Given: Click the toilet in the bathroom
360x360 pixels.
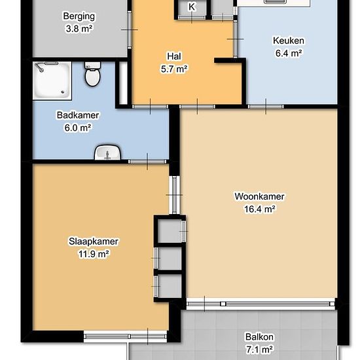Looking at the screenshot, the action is point(92,74).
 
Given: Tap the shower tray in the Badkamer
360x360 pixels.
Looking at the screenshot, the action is point(52,81).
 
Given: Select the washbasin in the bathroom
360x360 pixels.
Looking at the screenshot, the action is point(107,152).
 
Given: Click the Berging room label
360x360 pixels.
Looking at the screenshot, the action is point(79,16).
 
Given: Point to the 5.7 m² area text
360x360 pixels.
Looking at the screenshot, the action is point(174,69).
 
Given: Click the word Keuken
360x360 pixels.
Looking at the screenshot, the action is point(289,41).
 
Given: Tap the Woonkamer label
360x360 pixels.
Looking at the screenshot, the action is point(259,196).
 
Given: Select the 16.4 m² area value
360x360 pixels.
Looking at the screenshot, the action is point(259,209).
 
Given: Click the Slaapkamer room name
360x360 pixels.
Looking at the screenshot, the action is point(94,242).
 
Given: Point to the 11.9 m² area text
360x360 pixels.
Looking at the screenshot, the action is point(94,254).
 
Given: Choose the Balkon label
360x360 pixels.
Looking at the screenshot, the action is point(259,337).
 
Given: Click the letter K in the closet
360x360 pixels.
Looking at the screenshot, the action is point(192,7).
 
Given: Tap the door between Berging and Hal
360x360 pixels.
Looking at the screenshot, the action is point(130,29).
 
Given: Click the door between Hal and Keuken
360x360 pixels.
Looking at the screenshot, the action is point(235,39).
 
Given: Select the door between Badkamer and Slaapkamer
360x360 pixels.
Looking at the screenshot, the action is point(147,162).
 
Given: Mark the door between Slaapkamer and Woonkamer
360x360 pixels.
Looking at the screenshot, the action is point(175,195).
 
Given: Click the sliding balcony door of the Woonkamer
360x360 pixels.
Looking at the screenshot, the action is point(261,304).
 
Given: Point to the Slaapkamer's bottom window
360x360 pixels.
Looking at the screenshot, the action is point(125,336).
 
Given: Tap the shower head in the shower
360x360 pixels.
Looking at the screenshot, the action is point(39,67).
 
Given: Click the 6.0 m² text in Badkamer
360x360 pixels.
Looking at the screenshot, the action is point(78,128).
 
